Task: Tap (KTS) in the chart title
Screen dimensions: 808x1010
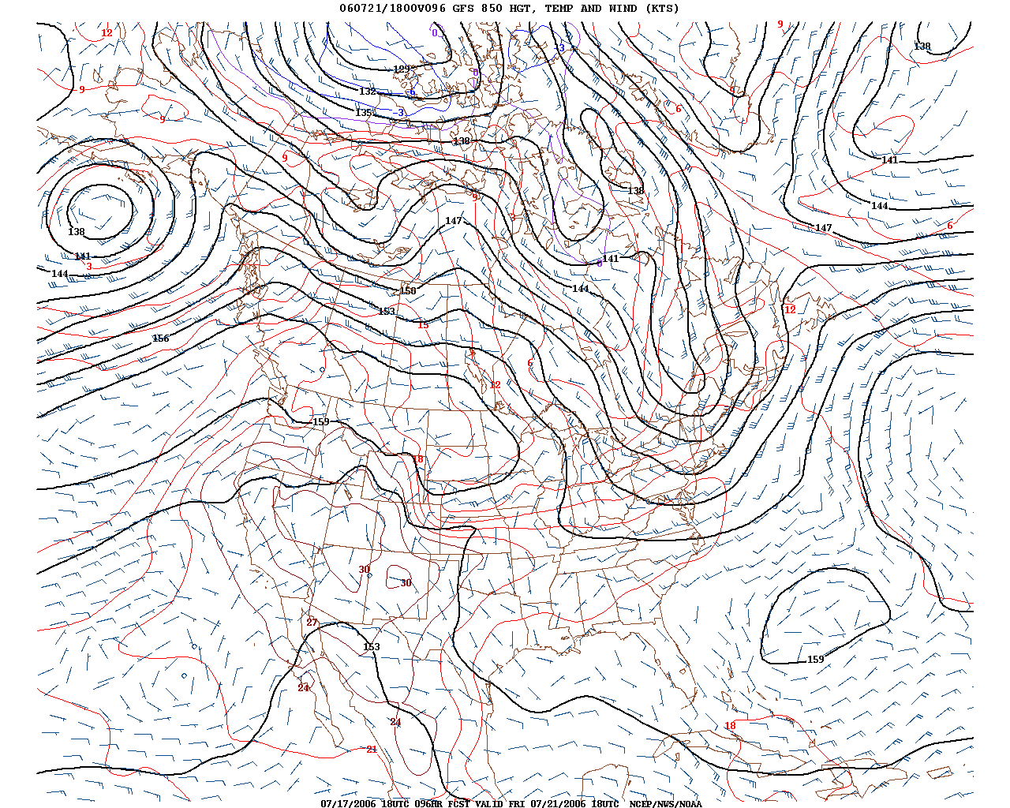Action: tap(662, 9)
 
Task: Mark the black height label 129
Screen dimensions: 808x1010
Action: tap(402, 69)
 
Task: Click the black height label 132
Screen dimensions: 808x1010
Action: tap(368, 92)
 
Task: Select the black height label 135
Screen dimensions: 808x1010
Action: tap(363, 113)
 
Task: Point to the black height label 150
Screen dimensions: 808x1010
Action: tap(407, 291)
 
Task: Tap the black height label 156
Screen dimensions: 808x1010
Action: tap(160, 339)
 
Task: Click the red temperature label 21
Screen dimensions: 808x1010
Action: tap(372, 750)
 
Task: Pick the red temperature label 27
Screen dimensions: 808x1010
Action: tap(312, 623)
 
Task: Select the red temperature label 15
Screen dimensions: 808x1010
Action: tap(423, 325)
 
